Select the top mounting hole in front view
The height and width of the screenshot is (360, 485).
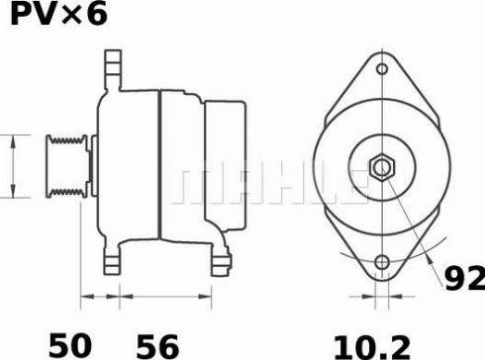(x=382, y=70)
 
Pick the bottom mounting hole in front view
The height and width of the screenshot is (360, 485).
(x=382, y=263)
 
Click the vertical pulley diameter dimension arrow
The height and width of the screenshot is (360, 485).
(x=13, y=164)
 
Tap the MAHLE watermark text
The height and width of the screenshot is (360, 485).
(x=267, y=182)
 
